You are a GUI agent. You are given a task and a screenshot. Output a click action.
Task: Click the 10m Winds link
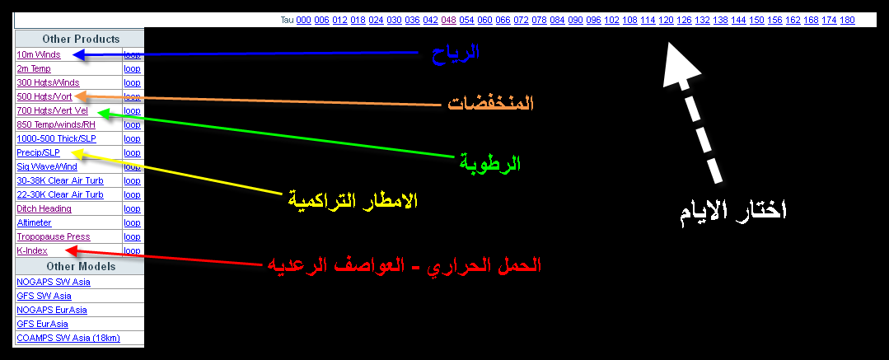[39, 55]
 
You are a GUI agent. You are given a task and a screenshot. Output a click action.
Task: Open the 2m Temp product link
[34, 68]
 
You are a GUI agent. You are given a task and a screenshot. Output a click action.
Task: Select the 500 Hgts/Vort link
[44, 96]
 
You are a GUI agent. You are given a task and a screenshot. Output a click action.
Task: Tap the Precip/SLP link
[38, 152]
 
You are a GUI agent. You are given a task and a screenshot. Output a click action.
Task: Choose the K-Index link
[32, 250]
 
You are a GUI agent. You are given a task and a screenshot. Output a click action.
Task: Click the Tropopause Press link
[54, 236]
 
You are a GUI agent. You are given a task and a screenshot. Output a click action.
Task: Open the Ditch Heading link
[44, 208]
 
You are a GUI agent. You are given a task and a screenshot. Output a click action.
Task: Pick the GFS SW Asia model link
[44, 296]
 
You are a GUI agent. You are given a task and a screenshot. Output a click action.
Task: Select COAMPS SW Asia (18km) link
[68, 338]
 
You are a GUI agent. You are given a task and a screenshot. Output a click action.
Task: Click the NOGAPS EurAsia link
[52, 310]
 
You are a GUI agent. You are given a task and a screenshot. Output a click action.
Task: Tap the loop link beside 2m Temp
[132, 68]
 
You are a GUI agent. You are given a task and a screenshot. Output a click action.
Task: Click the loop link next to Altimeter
[132, 222]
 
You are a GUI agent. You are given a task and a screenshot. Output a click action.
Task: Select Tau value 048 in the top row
[448, 20]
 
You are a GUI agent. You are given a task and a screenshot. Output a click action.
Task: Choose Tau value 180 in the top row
[847, 20]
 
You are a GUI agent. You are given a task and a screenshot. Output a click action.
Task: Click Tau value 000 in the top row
[303, 20]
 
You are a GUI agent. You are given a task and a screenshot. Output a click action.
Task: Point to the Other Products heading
[81, 39]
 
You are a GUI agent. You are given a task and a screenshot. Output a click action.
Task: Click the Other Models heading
[81, 266]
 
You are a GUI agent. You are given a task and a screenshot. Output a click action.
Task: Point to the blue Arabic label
[456, 52]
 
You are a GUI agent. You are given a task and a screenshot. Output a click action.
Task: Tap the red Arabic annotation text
[404, 265]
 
